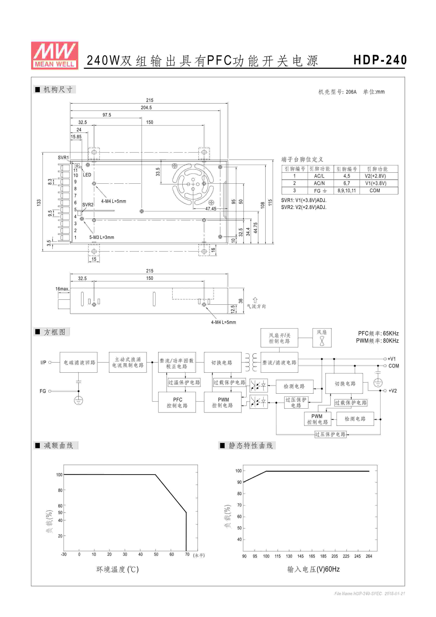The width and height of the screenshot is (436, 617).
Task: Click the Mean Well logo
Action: click(x=55, y=56)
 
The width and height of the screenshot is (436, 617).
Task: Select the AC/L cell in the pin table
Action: click(x=319, y=176)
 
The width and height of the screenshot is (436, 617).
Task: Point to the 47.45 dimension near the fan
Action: click(x=211, y=209)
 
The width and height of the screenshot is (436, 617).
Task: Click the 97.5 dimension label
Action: click(x=107, y=115)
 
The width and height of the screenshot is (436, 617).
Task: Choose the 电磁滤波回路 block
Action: click(x=78, y=362)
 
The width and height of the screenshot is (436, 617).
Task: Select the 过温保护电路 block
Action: click(x=184, y=382)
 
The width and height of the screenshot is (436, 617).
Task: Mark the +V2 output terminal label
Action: click(x=393, y=391)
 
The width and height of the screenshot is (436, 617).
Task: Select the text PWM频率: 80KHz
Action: click(x=377, y=341)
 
